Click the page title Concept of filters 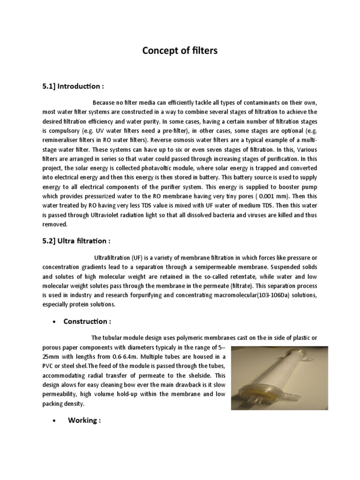click(x=180, y=51)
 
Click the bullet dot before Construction click(x=56, y=322)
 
